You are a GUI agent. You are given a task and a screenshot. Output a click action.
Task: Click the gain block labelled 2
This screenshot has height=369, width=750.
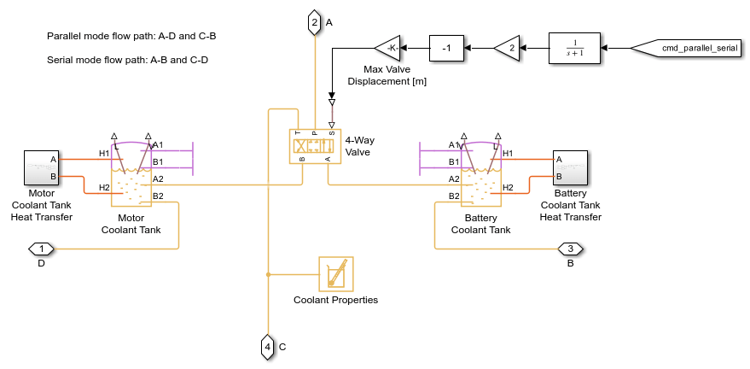coord(508,49)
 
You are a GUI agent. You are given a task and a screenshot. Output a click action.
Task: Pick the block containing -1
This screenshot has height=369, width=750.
coord(446,49)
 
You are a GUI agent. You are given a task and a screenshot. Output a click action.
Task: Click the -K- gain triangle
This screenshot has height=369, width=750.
coord(388,49)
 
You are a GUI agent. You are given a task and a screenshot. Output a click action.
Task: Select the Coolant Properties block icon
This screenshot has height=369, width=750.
coord(335,274)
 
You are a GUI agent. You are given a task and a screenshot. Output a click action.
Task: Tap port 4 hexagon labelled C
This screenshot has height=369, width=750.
coord(268,346)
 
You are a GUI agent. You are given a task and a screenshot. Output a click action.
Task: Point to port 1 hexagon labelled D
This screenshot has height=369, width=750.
coord(41,249)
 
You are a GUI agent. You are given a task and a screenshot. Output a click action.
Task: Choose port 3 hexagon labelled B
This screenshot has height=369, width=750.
coord(570,249)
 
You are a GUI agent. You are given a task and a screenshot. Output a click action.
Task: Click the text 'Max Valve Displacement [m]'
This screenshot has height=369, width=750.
coord(387,76)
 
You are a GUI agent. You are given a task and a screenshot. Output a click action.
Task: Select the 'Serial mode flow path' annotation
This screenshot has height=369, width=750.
coord(128,60)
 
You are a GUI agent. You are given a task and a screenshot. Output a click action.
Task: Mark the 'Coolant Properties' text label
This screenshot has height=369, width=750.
coord(335,300)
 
